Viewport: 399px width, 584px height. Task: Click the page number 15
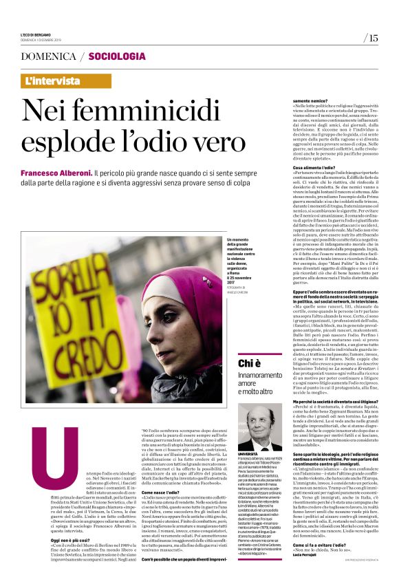click(x=373, y=39)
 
